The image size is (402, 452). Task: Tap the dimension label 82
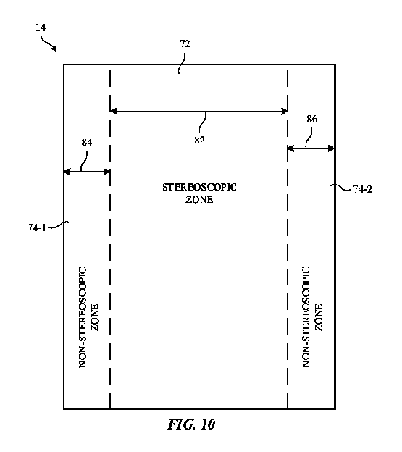click(200, 140)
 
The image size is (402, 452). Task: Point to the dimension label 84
click(87, 143)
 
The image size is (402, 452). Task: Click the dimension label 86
click(311, 118)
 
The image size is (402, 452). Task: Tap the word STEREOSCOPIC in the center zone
click(199, 188)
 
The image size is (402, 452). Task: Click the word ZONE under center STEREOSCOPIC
click(199, 199)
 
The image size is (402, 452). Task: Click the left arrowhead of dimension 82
click(114, 111)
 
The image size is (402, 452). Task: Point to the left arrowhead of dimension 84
click(68, 172)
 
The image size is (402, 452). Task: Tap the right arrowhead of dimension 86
click(330, 148)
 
